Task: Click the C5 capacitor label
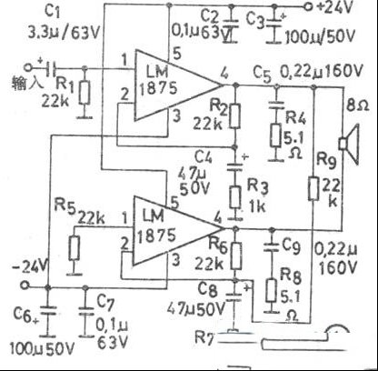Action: pyautogui.click(x=263, y=69)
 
